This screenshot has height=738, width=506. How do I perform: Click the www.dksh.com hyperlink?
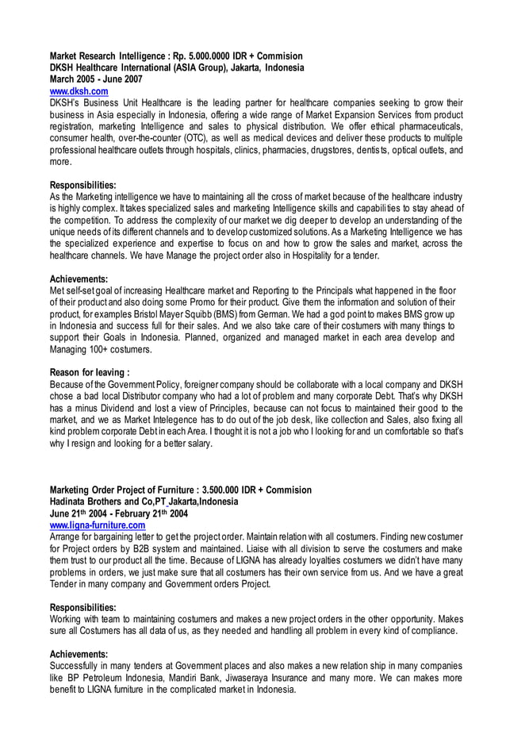click(79, 92)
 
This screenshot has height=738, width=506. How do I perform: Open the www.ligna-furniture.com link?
click(98, 525)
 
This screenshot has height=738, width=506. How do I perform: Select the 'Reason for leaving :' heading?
click(90, 371)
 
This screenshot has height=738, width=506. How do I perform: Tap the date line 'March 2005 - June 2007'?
click(97, 80)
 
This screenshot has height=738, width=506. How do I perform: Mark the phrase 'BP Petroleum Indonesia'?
click(113, 678)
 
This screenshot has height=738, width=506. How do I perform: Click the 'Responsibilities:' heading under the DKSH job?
click(82, 185)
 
